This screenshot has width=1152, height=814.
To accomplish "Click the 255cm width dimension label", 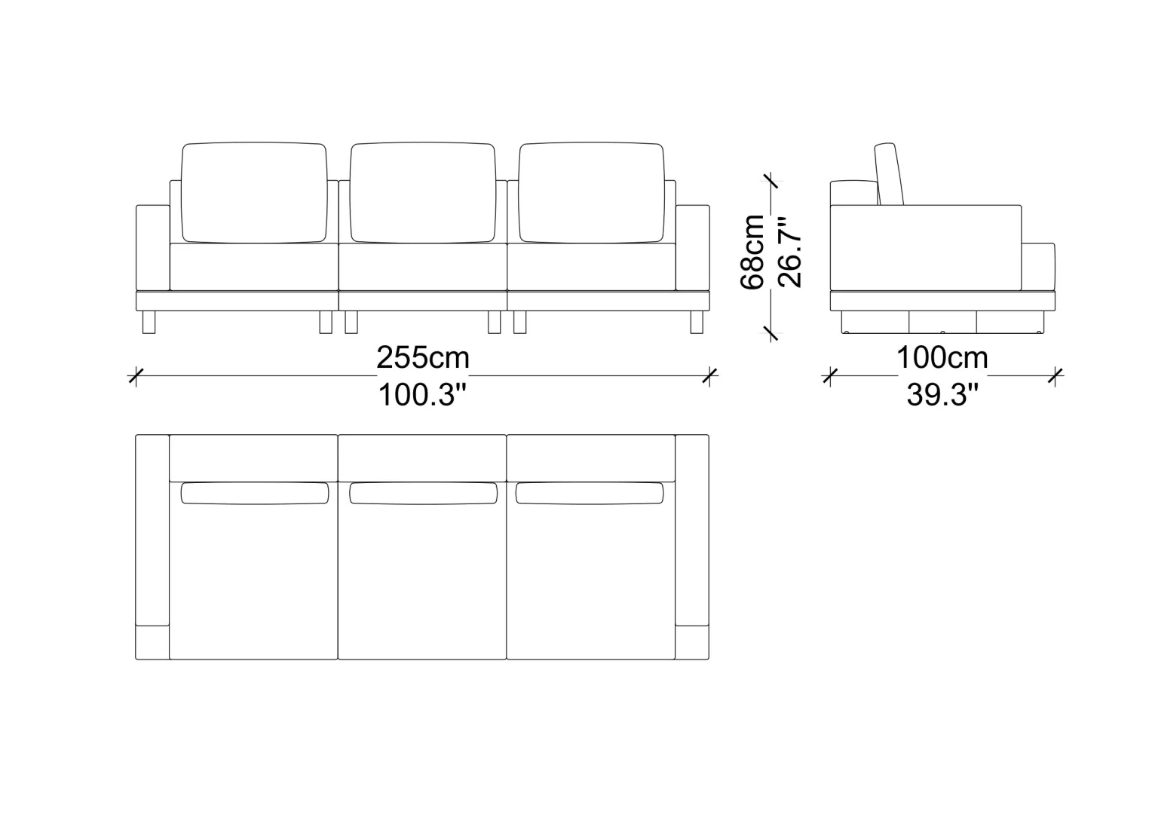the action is pos(423,357).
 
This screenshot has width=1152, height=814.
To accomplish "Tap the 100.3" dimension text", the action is pos(422,395).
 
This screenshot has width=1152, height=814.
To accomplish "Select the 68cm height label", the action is pos(752,252).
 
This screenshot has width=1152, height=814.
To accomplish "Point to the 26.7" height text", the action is pos(789,252).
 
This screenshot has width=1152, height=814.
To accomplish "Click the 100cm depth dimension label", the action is pos(942,357).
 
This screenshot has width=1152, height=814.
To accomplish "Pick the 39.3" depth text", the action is pos(942,395).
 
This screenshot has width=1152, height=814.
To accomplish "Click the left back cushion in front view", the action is pos(254,192).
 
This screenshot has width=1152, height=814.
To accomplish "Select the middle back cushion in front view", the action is pos(423,192).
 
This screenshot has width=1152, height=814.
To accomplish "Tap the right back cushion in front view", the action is pos(591,192).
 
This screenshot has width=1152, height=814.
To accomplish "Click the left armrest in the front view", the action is pos(153,248).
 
